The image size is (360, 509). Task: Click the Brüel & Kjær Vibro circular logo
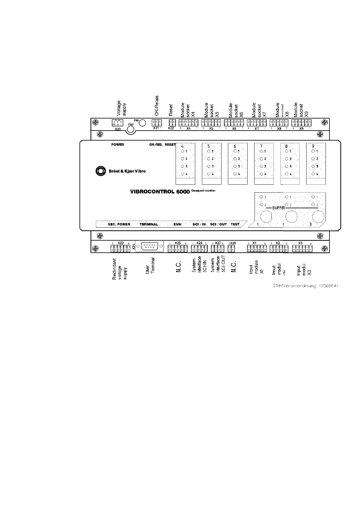[x=100, y=171]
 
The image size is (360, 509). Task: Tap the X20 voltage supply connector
[x=117, y=123]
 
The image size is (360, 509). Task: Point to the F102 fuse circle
[x=131, y=129]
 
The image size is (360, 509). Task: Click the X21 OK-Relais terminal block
[x=157, y=123]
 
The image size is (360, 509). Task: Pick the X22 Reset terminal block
[x=172, y=123]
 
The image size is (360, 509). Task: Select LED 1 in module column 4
[x=182, y=151]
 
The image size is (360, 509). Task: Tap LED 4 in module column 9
[x=313, y=174]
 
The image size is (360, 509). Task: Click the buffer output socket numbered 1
[x=266, y=216]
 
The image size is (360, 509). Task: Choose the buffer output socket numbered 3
[x=318, y=216]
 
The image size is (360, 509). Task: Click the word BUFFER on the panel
[x=279, y=208]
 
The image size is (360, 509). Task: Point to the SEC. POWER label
[x=119, y=224]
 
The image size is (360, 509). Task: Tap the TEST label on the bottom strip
[x=235, y=224]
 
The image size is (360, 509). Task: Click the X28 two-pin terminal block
[x=231, y=249]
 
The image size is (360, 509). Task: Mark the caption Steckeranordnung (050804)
[x=305, y=286]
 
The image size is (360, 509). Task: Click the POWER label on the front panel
[x=118, y=144]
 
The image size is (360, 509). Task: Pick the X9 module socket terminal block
[x=301, y=123]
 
